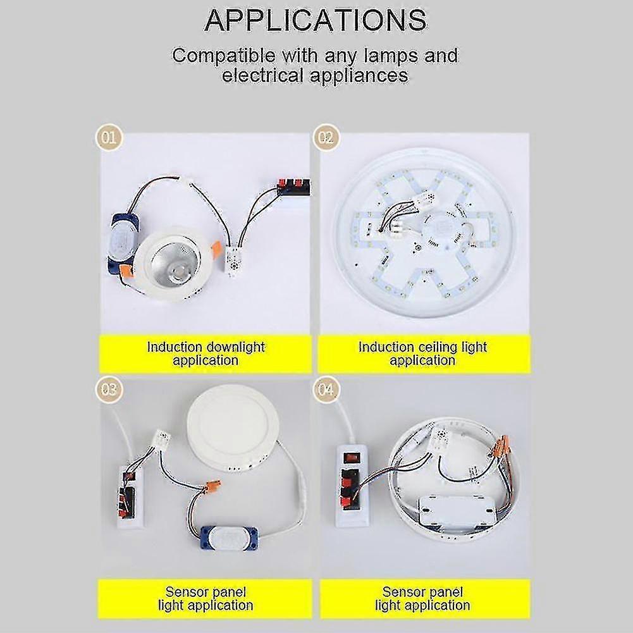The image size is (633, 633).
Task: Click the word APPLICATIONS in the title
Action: tap(316, 20)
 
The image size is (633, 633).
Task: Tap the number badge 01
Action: tap(109, 138)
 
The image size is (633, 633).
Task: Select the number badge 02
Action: tap(325, 138)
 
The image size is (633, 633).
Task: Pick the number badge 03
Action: tap(109, 388)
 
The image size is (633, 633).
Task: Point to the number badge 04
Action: tap(325, 388)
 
